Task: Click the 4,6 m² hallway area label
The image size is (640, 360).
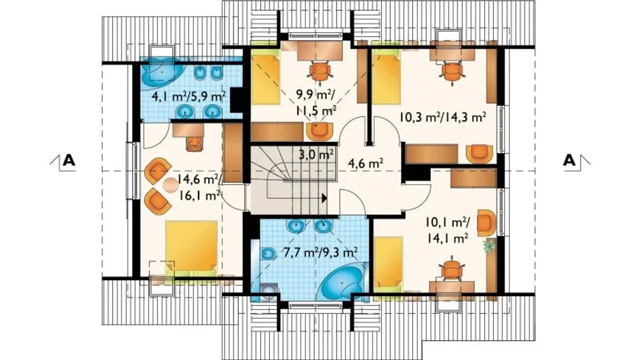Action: (365, 163)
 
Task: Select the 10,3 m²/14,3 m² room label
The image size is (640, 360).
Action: (442, 117)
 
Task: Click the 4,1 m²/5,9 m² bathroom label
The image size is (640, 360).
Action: (188, 96)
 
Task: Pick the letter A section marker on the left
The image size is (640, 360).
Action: (69, 160)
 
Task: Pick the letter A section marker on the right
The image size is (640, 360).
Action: (569, 160)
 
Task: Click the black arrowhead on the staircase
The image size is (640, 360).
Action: (324, 198)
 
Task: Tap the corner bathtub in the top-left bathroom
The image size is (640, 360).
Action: (162, 72)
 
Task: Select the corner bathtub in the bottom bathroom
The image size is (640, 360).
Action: (342, 281)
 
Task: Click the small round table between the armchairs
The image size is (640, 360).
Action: (170, 184)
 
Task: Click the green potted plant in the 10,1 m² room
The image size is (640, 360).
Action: (489, 245)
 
